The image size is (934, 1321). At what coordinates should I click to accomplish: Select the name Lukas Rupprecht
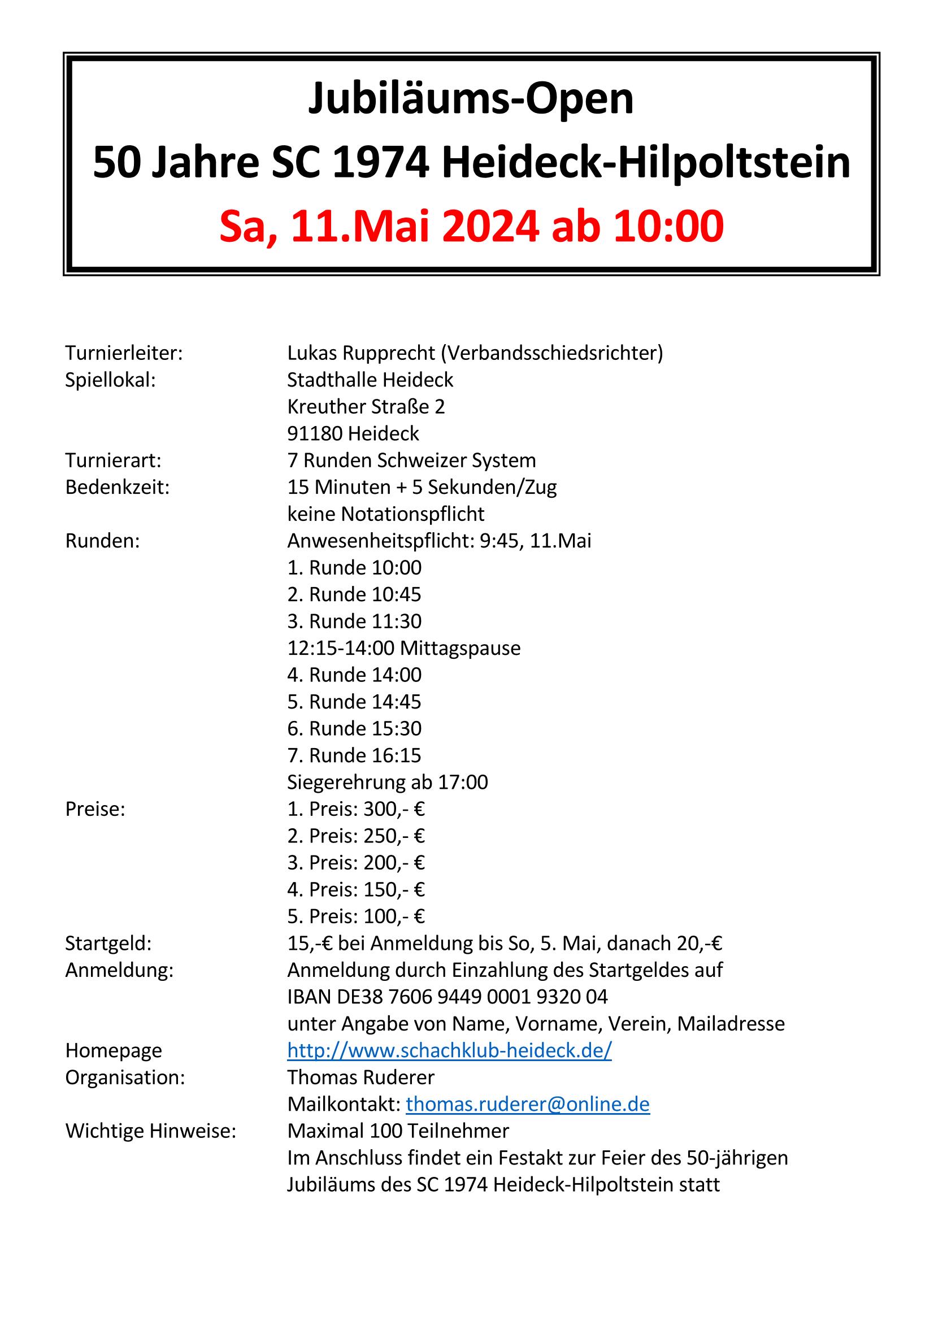[362, 353]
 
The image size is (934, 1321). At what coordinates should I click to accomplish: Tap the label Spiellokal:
[111, 380]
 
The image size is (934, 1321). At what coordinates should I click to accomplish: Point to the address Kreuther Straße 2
[366, 407]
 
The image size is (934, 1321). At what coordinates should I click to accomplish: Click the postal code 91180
[315, 433]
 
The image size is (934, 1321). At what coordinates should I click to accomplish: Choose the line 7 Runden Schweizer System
[411, 460]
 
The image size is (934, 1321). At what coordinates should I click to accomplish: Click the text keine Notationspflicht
[385, 514]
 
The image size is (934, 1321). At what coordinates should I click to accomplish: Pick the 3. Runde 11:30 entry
[354, 622]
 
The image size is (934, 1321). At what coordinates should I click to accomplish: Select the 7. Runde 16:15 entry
[354, 755]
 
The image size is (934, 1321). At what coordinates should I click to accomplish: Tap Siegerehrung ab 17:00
[387, 783]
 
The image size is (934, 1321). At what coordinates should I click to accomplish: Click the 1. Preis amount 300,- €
[394, 810]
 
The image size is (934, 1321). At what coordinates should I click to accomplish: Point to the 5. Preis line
[356, 916]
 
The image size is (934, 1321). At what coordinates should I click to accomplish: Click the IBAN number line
[447, 997]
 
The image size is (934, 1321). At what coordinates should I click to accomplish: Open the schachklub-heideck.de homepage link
[449, 1050]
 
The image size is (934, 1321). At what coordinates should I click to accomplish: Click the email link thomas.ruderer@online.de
[528, 1104]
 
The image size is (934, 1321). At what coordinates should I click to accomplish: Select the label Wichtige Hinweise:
[151, 1131]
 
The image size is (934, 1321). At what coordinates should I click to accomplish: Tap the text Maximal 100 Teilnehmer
[398, 1131]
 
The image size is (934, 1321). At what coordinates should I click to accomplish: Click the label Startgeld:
[108, 944]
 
